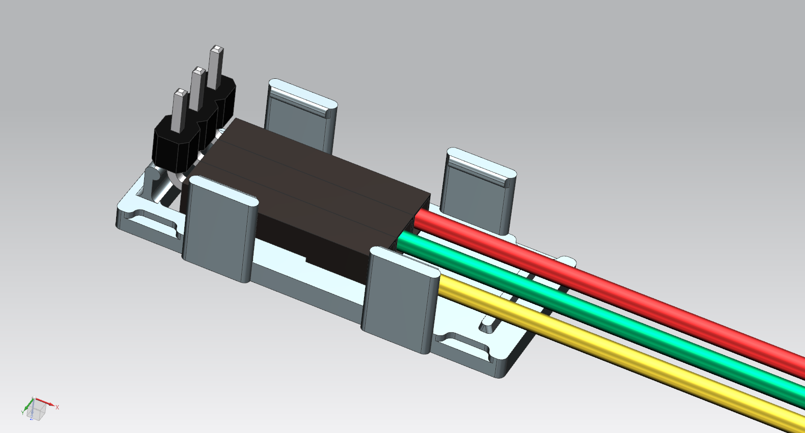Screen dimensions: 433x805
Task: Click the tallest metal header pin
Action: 216,66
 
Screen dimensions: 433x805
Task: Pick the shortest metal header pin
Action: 179,109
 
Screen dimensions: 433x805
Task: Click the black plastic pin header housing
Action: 173,148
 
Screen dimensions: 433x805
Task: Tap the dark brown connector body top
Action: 316,173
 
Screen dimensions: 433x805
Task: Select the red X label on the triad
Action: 57,407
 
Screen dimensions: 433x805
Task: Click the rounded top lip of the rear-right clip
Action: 481,166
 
